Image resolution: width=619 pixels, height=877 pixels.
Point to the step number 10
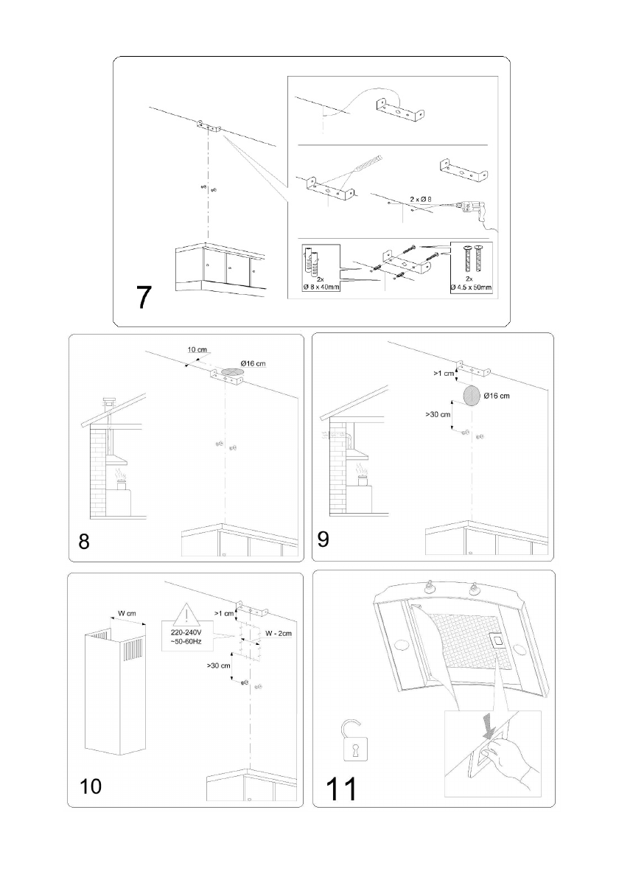[91, 786]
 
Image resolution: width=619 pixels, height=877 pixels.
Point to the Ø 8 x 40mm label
[321, 287]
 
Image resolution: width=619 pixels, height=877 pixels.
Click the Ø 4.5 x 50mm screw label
[469, 287]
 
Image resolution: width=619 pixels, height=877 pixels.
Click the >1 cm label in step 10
[223, 612]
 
